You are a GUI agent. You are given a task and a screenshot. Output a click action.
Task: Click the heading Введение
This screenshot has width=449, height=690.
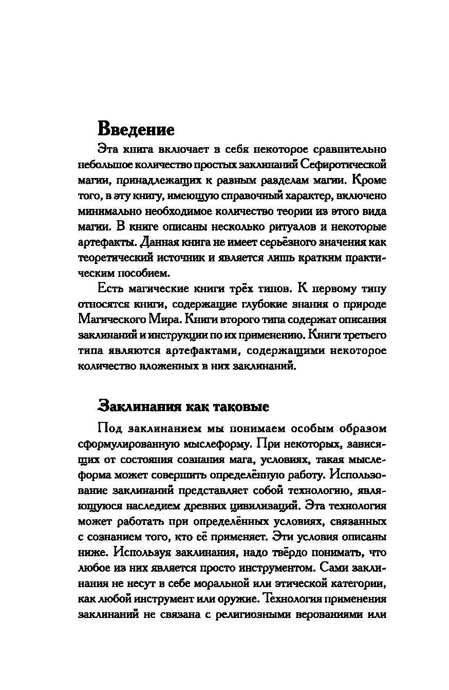136,128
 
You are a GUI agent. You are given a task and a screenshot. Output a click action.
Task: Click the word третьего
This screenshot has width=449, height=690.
366,336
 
